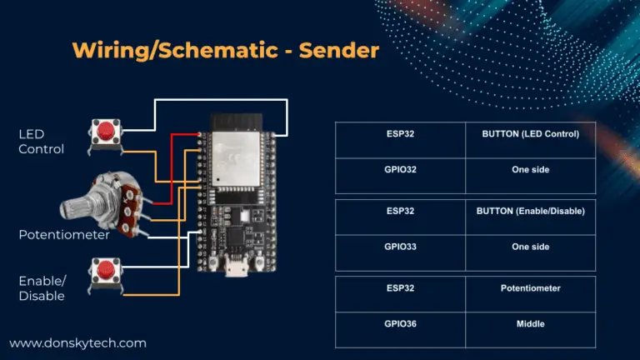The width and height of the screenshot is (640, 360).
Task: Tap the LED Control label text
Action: [x=42, y=141]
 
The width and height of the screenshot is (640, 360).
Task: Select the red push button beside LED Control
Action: [x=105, y=132]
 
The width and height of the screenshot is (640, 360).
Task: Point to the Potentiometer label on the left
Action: [x=64, y=235]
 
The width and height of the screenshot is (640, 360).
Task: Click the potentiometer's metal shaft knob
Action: [x=79, y=205]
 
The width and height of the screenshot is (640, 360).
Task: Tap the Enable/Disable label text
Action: [x=42, y=288]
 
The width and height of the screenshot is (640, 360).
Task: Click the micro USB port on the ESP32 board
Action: [x=237, y=271]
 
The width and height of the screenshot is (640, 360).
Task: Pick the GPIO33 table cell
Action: [x=400, y=247]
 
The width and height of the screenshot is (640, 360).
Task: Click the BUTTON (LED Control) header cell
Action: [x=530, y=133]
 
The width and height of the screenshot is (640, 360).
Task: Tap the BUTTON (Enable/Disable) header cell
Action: [x=530, y=211]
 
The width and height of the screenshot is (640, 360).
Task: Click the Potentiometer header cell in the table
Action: [x=530, y=288]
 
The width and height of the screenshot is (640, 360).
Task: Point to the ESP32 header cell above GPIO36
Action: [x=400, y=288]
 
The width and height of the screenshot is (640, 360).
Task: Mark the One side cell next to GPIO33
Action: [x=530, y=247]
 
